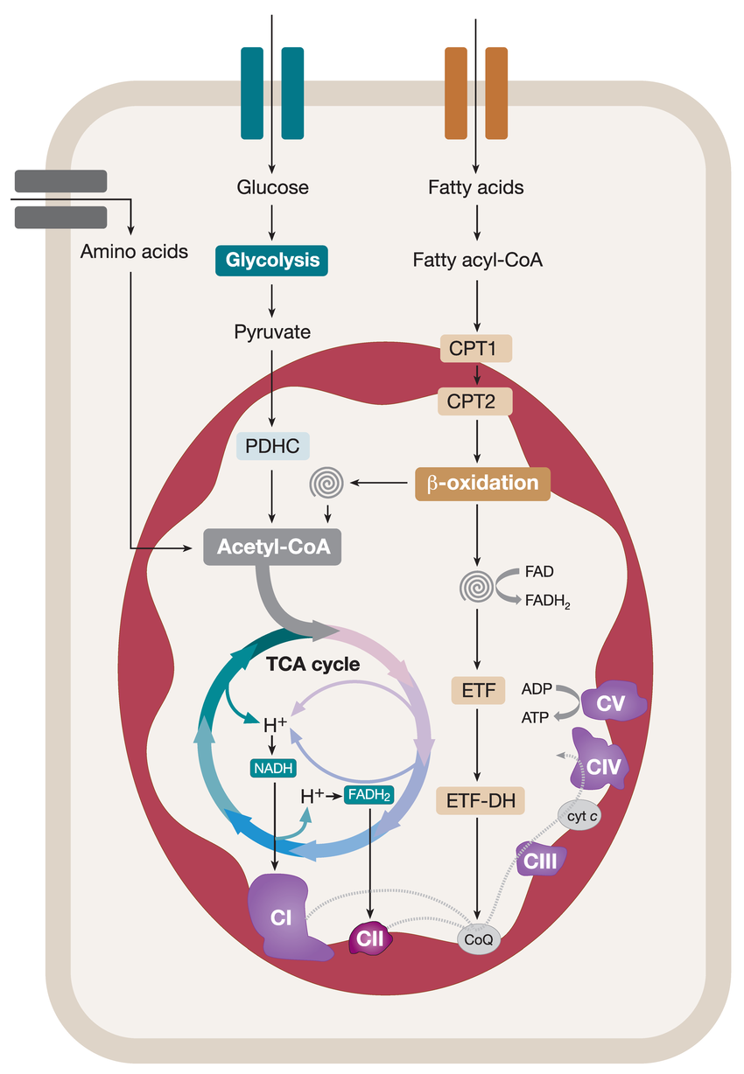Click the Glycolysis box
point(272,260)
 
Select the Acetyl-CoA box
point(272,547)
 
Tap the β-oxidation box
point(482,483)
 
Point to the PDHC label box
point(272,445)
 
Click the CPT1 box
point(475,349)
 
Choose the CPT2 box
point(475,403)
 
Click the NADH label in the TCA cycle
point(271,769)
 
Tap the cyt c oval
point(583,815)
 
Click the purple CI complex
point(284,918)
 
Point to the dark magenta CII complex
point(369,938)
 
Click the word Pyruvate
point(272,331)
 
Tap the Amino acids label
point(134,252)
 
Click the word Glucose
point(272,187)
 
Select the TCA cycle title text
point(312,664)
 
